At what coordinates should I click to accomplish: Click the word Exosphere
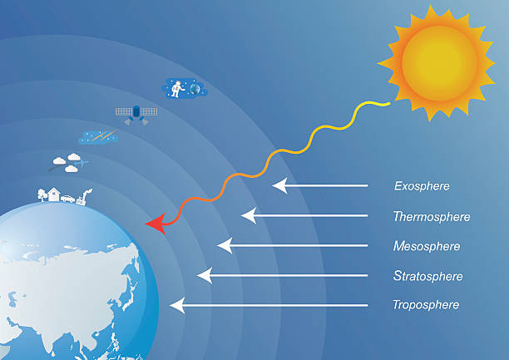tap(422, 186)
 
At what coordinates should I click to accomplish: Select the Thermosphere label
tap(432, 216)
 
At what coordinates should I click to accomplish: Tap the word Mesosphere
tap(427, 246)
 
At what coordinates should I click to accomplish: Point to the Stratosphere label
tap(427, 276)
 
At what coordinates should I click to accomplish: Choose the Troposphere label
tap(426, 305)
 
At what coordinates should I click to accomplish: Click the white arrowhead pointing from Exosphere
tap(279, 185)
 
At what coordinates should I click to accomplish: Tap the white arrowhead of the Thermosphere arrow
tap(249, 215)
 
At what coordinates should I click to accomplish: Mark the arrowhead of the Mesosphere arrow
tap(225, 245)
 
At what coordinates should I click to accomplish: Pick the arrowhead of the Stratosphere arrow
tap(205, 275)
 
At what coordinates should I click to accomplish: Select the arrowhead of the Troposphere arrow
tap(177, 305)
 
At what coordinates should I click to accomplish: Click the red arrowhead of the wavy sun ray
tap(156, 224)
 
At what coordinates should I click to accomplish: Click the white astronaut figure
tap(177, 89)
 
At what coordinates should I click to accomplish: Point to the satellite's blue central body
tap(136, 111)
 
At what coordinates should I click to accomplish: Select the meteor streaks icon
tap(98, 136)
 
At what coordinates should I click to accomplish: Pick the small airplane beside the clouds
tap(82, 162)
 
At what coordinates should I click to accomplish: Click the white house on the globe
tap(54, 194)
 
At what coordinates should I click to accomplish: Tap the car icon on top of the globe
tap(68, 199)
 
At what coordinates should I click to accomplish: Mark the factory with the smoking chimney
tap(83, 197)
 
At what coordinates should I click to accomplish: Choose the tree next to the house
tap(42, 195)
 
